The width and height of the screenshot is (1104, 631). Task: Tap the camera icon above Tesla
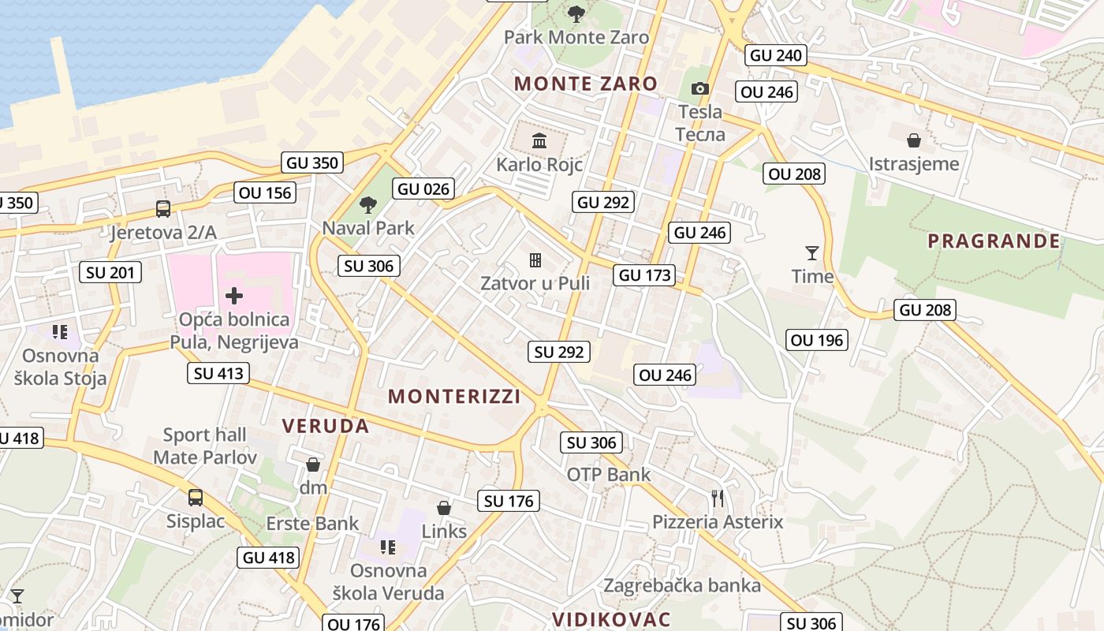point(700,88)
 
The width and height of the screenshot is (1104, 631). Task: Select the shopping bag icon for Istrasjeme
point(914,140)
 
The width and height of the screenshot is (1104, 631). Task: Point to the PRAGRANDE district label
point(994,241)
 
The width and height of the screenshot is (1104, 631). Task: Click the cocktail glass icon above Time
point(812,252)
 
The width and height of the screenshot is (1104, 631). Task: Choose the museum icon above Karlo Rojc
point(539,141)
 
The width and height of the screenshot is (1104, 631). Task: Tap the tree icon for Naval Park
point(367,205)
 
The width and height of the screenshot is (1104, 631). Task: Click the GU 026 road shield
point(423,189)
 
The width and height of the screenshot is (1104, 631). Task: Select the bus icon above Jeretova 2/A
point(163,209)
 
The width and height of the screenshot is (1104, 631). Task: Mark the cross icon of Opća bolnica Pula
point(234,296)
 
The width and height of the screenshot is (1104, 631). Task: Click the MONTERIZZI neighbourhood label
point(454,397)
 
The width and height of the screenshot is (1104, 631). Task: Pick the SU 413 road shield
point(218,373)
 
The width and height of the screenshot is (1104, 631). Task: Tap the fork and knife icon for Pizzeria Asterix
point(718,498)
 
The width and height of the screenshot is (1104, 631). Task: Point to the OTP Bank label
point(609,475)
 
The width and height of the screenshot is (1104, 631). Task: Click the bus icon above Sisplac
point(196,498)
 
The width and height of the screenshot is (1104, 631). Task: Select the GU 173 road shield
point(646,275)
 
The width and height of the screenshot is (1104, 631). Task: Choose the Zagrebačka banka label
point(682,585)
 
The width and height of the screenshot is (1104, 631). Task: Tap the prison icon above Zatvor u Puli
point(535,259)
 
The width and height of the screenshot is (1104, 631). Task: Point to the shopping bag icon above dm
point(313,465)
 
